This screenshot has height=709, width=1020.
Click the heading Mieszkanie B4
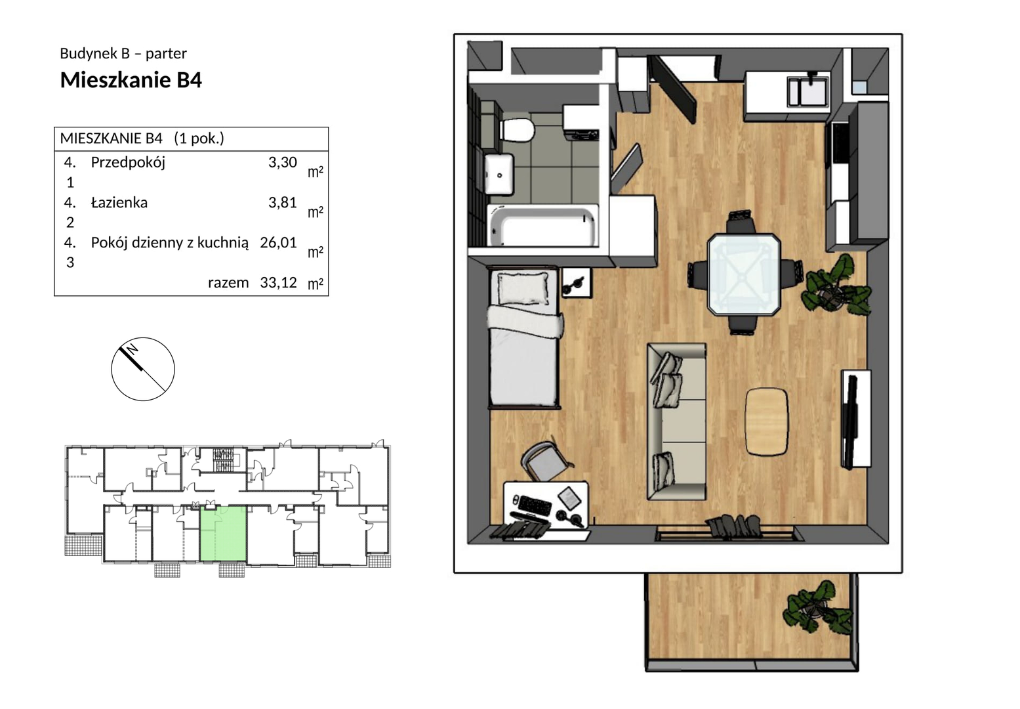(x=131, y=80)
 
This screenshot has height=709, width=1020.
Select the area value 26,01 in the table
(x=278, y=242)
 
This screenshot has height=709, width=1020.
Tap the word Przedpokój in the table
(x=128, y=162)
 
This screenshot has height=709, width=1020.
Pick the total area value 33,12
(x=278, y=282)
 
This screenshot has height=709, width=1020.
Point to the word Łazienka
(x=119, y=202)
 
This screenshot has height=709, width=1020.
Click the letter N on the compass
(x=133, y=349)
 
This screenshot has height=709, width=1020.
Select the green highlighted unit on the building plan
(x=223, y=534)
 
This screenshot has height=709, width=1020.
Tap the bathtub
(x=542, y=226)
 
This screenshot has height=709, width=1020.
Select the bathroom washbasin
(x=500, y=173)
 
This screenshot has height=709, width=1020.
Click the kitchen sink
(x=808, y=91)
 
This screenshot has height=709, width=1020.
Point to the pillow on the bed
(x=523, y=288)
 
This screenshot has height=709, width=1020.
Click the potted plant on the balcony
(x=816, y=607)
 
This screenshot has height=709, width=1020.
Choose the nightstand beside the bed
(x=577, y=283)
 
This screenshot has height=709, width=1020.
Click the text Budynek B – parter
(x=123, y=53)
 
